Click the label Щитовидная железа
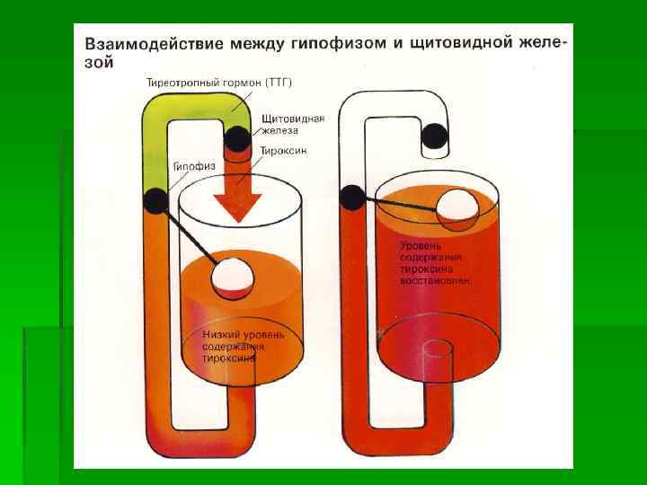pos(292,123)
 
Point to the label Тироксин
pos(284,151)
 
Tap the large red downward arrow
pos(237,194)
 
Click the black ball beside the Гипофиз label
pos(155,200)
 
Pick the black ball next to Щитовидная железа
pos(238,138)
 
